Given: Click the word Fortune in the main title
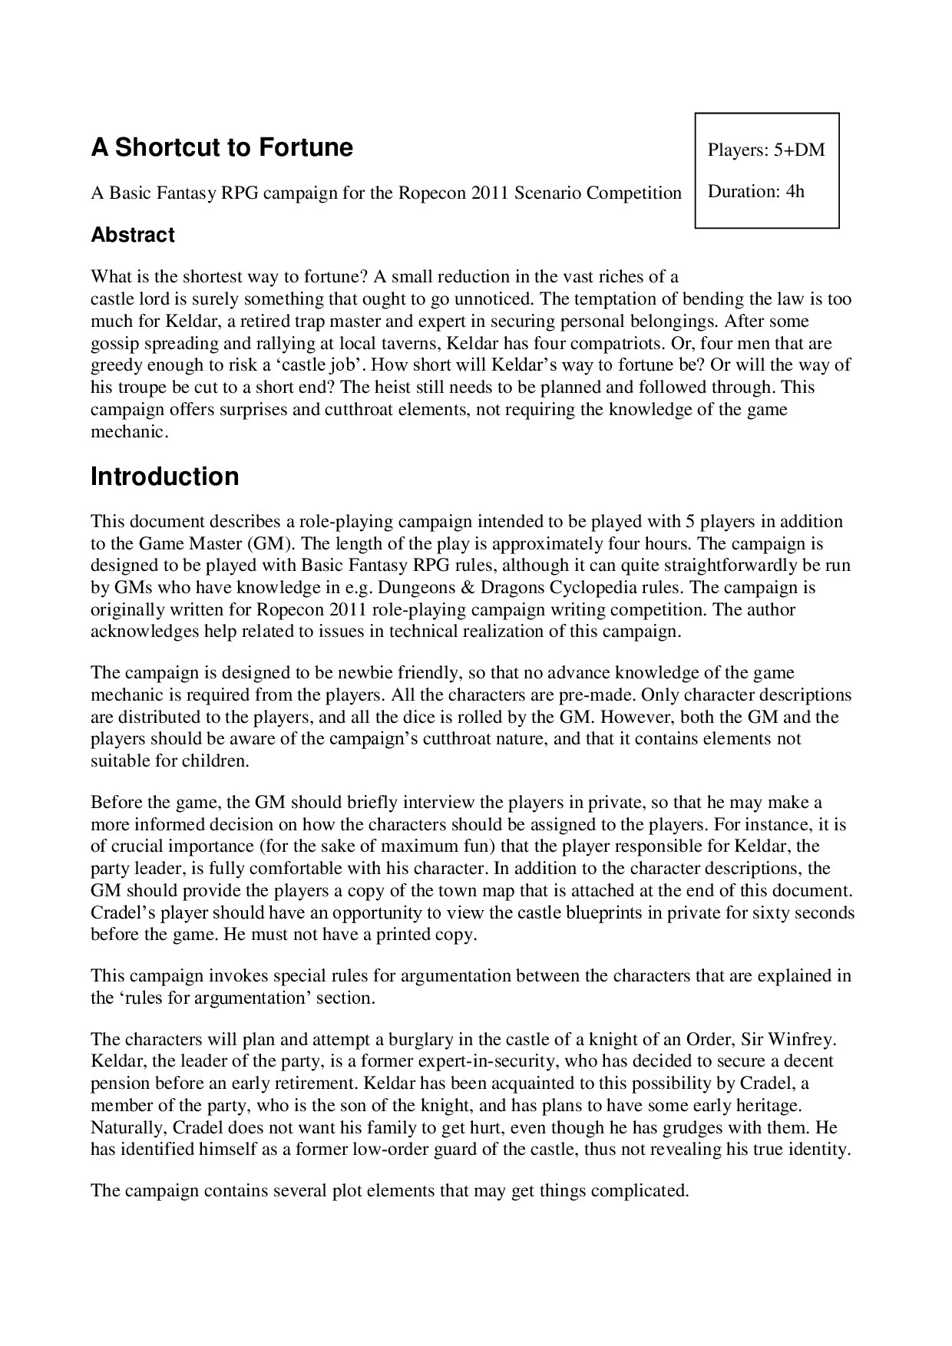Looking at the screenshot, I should click(305, 147).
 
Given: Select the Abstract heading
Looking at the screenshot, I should click(133, 235).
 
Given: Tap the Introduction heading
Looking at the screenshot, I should click(165, 477).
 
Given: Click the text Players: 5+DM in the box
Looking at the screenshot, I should click(766, 150).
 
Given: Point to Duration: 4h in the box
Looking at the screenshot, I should click(756, 191).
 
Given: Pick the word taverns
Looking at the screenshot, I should click(410, 343).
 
